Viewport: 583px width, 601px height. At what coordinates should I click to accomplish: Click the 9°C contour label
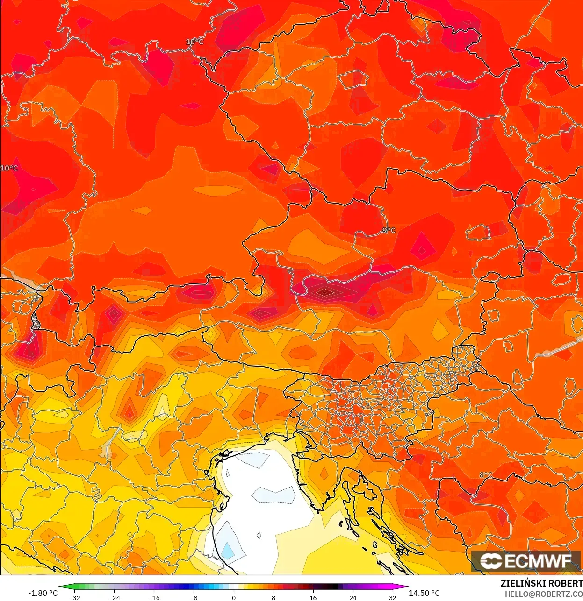389,230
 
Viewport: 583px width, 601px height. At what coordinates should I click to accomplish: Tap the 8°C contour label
486,475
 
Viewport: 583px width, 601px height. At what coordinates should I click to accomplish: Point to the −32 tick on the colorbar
75,597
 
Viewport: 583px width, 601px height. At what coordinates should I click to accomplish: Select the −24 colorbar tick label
115,597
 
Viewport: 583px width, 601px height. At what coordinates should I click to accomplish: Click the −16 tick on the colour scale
154,597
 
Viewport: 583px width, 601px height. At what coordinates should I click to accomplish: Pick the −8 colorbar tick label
194,597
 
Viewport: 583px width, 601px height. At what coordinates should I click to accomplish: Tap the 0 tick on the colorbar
234,597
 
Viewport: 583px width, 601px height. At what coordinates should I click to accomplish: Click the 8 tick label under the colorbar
274,597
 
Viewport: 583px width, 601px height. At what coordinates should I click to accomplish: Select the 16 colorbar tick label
313,597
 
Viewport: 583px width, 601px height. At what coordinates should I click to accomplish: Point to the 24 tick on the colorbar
353,597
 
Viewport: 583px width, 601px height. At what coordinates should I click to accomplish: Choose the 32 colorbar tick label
392,597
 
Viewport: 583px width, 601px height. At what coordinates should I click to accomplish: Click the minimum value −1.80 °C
43,593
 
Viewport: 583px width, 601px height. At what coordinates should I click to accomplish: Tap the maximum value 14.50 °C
424,593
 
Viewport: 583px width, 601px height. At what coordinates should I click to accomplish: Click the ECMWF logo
526,561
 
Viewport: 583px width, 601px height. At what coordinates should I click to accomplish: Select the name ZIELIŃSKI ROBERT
541,583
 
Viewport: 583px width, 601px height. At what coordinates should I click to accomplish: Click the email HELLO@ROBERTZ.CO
543,594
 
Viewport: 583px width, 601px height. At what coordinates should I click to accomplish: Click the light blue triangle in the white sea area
228,550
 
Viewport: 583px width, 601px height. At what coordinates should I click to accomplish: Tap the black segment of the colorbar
329,587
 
